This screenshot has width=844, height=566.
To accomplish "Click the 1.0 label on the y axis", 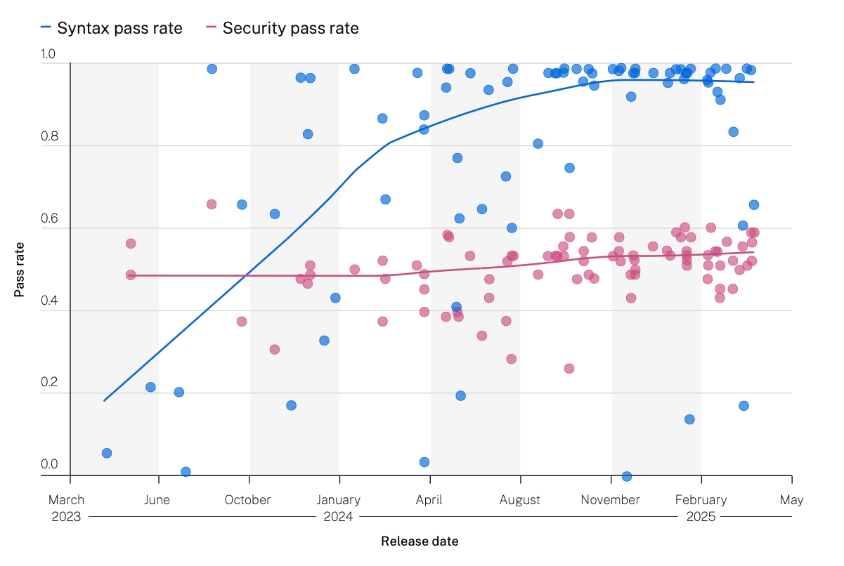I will point(49,55).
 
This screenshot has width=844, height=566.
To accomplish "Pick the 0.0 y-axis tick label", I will point(49,464).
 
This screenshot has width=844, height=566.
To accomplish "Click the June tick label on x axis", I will point(158,500).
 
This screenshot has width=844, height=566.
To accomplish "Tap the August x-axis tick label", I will point(520,500).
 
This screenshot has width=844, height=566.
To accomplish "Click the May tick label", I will point(791,500).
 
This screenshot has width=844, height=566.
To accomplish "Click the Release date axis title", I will point(420,541).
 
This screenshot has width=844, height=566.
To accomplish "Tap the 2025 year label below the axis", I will point(701,517).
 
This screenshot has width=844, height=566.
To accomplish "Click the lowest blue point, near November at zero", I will point(627,476).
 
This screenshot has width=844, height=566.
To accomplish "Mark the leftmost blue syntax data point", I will point(107,453).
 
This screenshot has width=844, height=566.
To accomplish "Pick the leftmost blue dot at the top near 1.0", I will point(212,69).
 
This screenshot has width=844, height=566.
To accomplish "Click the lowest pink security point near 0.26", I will point(569,369).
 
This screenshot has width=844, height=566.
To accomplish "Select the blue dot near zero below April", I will point(424,462).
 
